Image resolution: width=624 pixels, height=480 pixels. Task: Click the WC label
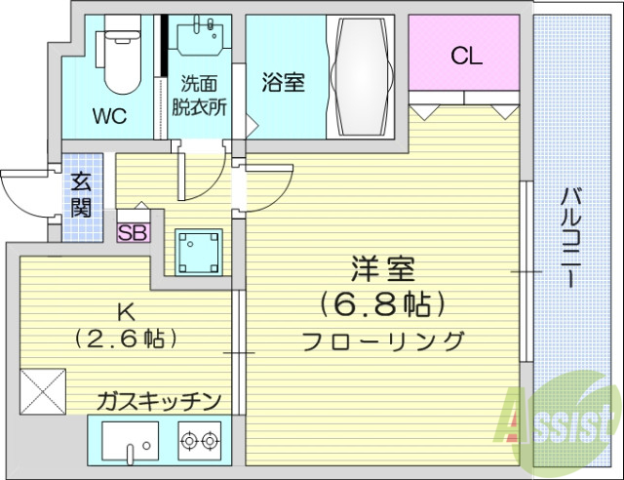110,117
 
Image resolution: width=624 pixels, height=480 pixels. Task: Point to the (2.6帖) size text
125,339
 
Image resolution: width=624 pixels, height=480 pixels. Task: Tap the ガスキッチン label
159,400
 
